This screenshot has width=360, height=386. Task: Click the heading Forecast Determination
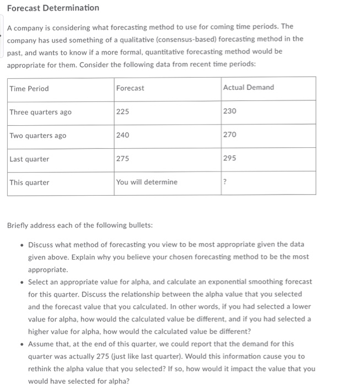[53, 8]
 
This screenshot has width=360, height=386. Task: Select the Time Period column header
[29, 88]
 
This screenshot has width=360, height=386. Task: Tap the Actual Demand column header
[248, 88]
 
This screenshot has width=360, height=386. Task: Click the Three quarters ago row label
[40, 112]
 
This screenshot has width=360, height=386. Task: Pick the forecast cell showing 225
[123, 111]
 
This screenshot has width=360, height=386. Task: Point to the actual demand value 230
[230, 111]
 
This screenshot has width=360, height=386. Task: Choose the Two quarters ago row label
[37, 136]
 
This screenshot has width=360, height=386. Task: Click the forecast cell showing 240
[123, 135]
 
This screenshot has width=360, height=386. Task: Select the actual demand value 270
[230, 135]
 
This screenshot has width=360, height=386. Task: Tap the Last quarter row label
[29, 159]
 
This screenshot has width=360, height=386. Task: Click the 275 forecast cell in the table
[123, 159]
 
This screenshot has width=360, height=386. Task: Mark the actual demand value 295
[230, 159]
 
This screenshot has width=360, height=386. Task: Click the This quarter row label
[29, 183]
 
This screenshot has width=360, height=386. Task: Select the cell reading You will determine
[147, 183]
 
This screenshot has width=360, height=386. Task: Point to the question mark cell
[225, 183]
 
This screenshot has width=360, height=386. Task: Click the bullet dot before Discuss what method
[20, 244]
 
